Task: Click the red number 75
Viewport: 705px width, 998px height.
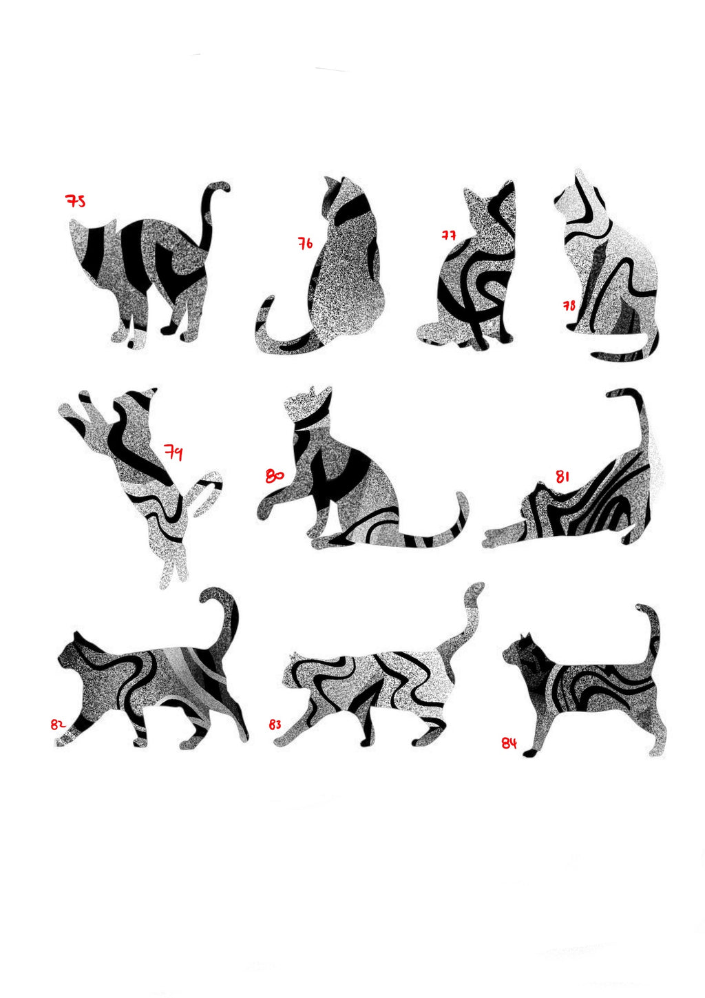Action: (x=75, y=201)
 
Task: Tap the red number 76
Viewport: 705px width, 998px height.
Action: (x=305, y=243)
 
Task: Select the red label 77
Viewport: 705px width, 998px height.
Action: (x=448, y=235)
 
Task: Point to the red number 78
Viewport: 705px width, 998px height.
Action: (x=569, y=305)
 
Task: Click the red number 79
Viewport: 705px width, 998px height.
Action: (x=173, y=453)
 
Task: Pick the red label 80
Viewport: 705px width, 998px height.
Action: (x=274, y=476)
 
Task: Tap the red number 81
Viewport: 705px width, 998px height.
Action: (x=562, y=476)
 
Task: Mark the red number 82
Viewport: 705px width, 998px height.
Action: (x=57, y=724)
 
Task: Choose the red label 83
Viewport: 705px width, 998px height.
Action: (x=275, y=725)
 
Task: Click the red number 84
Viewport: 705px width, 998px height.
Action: (x=509, y=743)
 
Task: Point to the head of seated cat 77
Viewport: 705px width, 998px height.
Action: (x=479, y=204)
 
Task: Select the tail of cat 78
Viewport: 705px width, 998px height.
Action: (x=623, y=353)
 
